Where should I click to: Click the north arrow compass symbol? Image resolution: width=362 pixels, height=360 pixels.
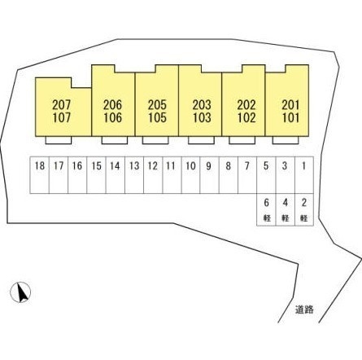(20, 292)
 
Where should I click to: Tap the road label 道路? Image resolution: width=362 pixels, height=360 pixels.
(304, 310)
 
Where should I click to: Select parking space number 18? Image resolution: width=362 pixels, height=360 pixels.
(40, 175)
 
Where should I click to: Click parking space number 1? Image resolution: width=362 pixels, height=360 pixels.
(304, 175)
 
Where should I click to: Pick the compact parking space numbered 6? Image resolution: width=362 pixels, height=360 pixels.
(266, 209)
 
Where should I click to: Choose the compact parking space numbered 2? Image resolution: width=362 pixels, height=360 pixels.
(304, 209)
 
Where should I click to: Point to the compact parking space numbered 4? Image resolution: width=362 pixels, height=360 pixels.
(286, 209)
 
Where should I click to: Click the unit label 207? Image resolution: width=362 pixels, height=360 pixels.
(62, 105)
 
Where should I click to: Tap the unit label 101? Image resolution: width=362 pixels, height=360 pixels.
(290, 118)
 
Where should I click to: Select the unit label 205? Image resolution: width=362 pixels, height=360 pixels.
(157, 105)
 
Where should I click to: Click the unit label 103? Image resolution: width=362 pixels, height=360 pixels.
(202, 118)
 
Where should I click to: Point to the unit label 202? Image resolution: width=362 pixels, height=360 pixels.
(246, 105)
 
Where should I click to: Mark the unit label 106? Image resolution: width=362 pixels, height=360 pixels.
(113, 118)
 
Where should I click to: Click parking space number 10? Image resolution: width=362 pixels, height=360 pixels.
(190, 175)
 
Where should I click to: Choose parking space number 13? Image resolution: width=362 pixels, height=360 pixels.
(134, 175)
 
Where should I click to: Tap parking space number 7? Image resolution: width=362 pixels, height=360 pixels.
(247, 175)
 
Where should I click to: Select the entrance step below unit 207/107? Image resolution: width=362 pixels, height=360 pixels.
(59, 140)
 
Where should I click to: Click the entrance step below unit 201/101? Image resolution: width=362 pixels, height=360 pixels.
(286, 140)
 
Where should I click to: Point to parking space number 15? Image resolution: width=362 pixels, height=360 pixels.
(96, 175)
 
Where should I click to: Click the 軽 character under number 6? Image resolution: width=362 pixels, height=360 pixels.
(267, 218)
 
